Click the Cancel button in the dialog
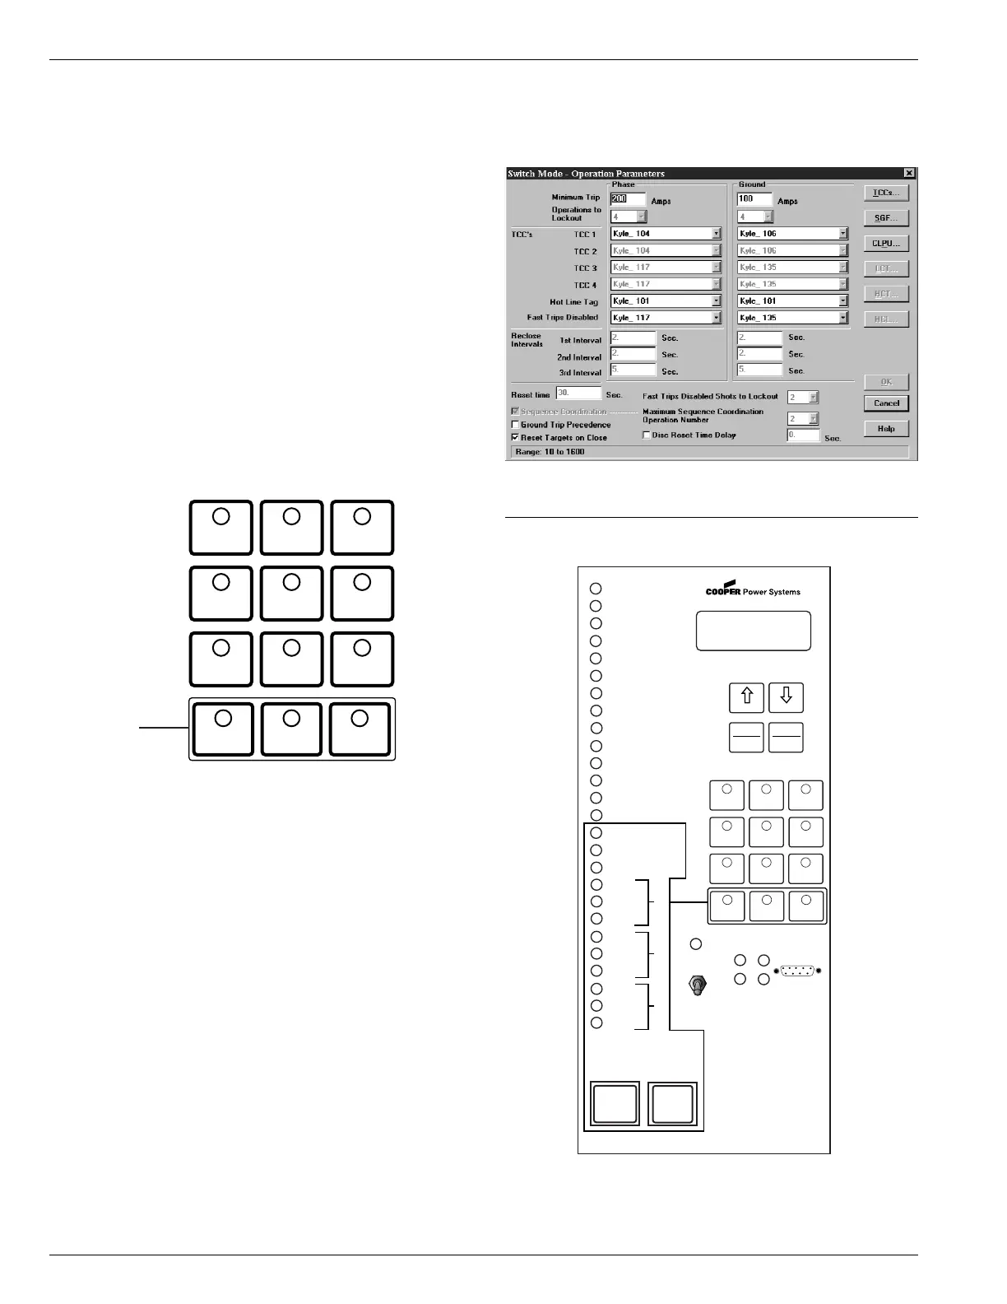pyautogui.click(x=886, y=403)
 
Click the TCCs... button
pyautogui.click(x=886, y=193)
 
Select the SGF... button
pyautogui.click(x=886, y=218)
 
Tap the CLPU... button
pyautogui.click(x=886, y=244)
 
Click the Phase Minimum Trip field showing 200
pyautogui.click(x=628, y=199)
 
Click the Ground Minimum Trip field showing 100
pyautogui.click(x=754, y=199)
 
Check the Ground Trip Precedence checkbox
pyautogui.click(x=516, y=425)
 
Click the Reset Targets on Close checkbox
pyautogui.click(x=516, y=438)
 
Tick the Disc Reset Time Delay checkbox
pyautogui.click(x=647, y=435)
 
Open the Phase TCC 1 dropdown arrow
pyautogui.click(x=716, y=234)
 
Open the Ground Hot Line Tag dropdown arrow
pyautogui.click(x=842, y=301)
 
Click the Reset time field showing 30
pyautogui.click(x=578, y=394)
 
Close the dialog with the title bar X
pyautogui.click(x=908, y=173)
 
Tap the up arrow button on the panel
pyautogui.click(x=747, y=697)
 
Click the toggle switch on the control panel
pyautogui.click(x=698, y=985)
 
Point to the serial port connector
pyautogui.click(x=798, y=971)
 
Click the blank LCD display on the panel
pyautogui.click(x=753, y=631)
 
